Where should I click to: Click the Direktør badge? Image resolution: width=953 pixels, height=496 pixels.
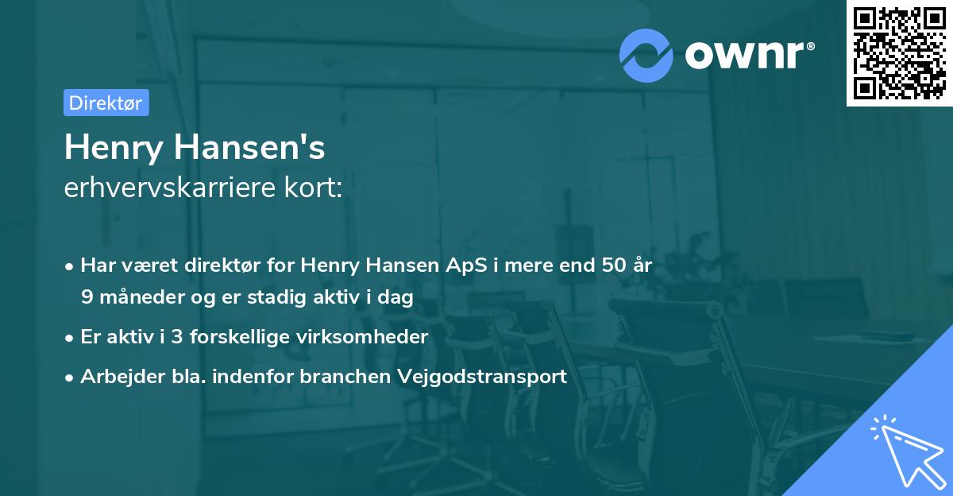coord(106,103)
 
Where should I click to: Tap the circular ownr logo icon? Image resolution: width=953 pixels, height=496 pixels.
coord(646,55)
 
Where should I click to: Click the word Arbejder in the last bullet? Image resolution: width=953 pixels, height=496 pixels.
coord(117,376)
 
